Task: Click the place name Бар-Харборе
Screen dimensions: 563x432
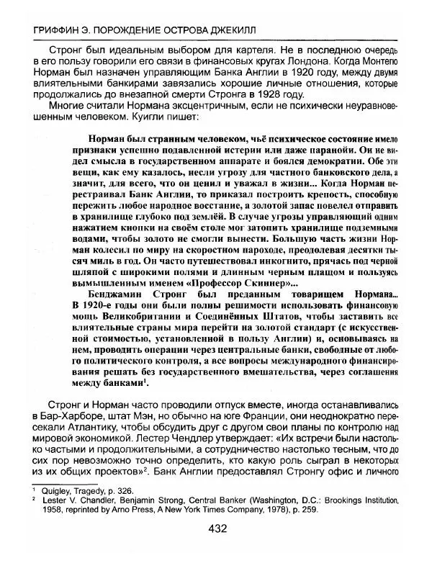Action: coord(68,416)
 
